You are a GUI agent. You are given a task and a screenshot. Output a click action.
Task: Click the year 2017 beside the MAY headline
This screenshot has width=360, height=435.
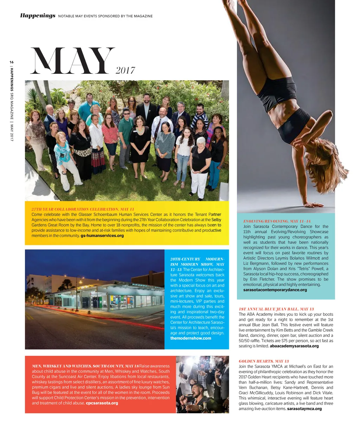[x=125, y=71]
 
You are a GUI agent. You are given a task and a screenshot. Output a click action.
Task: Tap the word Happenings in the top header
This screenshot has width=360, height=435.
[x=38, y=15]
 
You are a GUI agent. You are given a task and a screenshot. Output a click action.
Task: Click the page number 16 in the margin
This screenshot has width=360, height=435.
[x=12, y=62]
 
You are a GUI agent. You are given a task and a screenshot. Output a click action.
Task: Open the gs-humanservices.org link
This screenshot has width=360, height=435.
[x=102, y=236]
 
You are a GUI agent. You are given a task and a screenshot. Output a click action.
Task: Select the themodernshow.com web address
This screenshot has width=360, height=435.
[x=191, y=338]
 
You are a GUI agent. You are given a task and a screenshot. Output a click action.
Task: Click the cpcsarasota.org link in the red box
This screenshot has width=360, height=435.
[x=102, y=403]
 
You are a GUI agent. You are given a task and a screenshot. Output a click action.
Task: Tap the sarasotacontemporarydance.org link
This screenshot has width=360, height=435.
[x=275, y=290]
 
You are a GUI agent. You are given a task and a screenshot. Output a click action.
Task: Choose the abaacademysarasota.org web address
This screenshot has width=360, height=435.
[x=294, y=346]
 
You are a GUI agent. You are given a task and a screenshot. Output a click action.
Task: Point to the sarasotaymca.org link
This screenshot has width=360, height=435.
[x=304, y=409]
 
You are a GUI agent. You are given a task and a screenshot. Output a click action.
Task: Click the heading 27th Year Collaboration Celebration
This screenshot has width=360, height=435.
[x=83, y=209]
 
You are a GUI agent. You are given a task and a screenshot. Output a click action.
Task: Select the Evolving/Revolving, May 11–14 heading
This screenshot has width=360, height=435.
[x=277, y=221]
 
